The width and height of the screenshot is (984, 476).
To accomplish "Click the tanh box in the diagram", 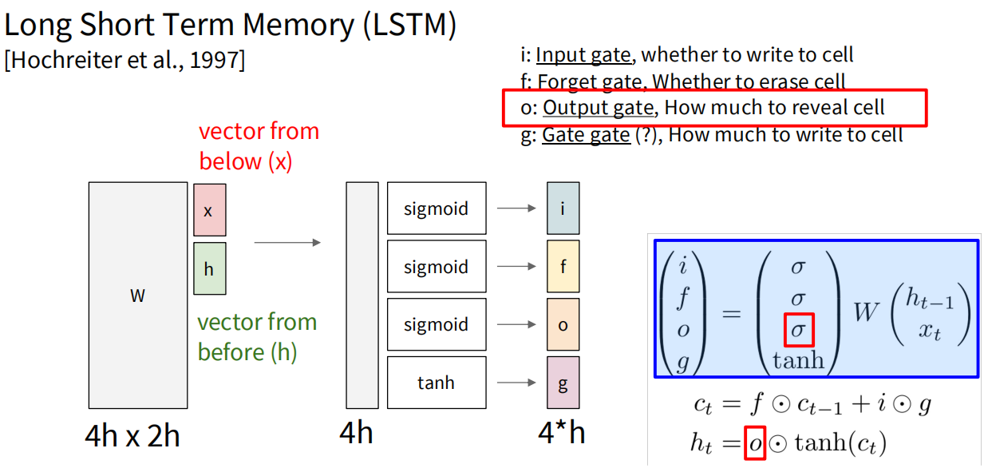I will pyautogui.click(x=436, y=383).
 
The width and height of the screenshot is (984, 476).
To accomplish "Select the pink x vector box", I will pyautogui.click(x=209, y=209).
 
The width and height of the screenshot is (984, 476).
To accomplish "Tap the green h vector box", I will pyautogui.click(x=209, y=269).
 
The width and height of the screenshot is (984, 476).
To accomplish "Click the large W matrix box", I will pyautogui.click(x=137, y=296).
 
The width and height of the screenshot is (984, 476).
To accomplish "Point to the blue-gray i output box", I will pyautogui.click(x=563, y=208).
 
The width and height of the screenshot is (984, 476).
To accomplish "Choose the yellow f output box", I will pyautogui.click(x=563, y=267).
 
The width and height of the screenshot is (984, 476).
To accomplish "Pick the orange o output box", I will pyautogui.click(x=563, y=324).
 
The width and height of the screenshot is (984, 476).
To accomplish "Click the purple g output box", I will pyautogui.click(x=563, y=383).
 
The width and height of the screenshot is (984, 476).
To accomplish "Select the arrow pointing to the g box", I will pyautogui.click(x=516, y=383).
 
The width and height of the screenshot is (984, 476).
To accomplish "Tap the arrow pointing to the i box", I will pyautogui.click(x=516, y=208).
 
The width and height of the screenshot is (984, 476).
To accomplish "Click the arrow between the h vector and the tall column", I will pyautogui.click(x=287, y=242).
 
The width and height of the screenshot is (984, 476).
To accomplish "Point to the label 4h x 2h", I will pyautogui.click(x=132, y=435).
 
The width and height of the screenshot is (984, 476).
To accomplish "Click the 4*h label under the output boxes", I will pyautogui.click(x=562, y=434).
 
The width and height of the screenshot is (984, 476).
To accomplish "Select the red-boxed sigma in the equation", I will pyautogui.click(x=798, y=329).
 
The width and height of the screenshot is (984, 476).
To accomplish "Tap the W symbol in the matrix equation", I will pyautogui.click(x=866, y=311).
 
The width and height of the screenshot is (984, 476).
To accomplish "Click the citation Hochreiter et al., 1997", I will pyautogui.click(x=124, y=60).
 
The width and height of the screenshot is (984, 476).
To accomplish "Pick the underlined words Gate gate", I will pyautogui.click(x=586, y=135).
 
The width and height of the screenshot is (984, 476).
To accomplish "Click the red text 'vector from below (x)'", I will pyautogui.click(x=258, y=146).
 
